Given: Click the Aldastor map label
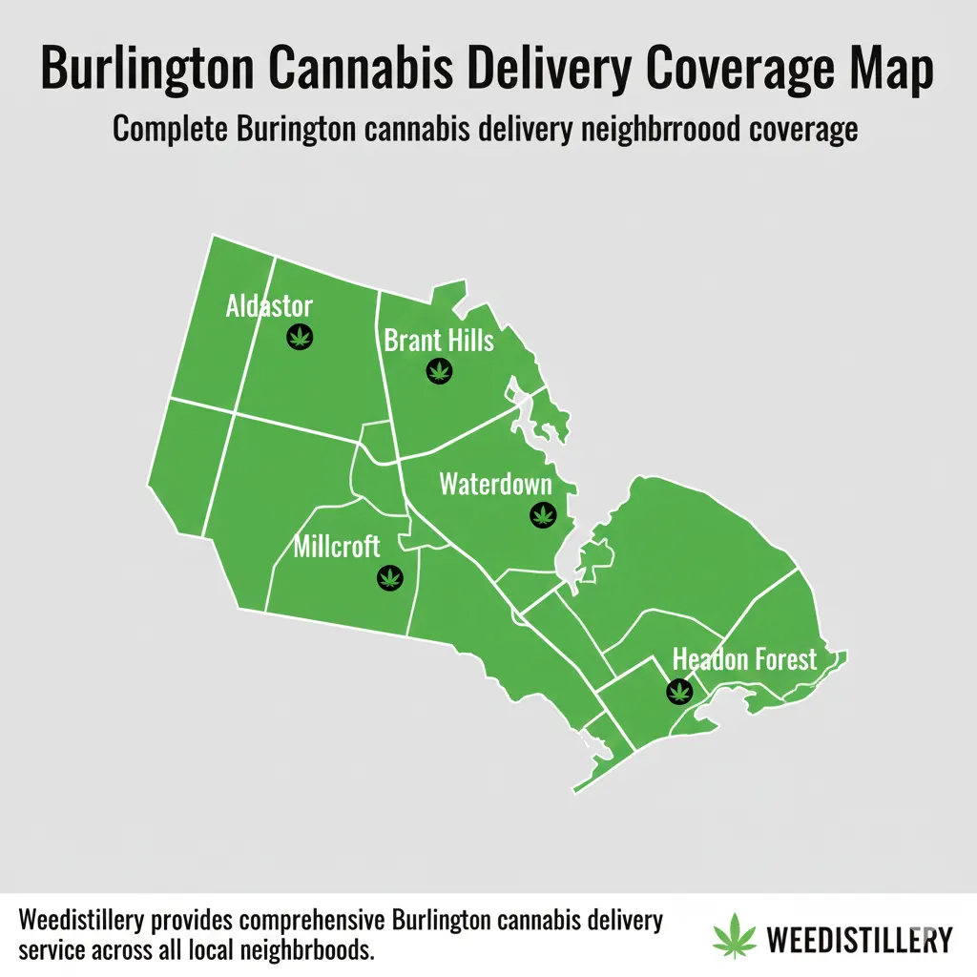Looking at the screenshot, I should pos(269,306).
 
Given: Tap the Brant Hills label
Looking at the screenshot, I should pos(439,340).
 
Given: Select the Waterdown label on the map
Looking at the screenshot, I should pos(495,484).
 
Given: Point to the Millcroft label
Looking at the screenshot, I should pos(337,547).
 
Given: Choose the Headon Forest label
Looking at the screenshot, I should pos(745,659).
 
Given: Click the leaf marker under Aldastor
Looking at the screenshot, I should pos(301,336).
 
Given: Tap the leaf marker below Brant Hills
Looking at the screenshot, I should pos(439,370).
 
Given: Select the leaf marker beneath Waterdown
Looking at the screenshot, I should pos(543,515).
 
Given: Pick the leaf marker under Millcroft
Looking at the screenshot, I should pos(389,576).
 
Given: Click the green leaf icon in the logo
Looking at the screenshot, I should pos(736,938).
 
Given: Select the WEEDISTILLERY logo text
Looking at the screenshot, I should pos(859,939).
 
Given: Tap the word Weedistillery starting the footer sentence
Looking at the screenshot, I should pos(81,923).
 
